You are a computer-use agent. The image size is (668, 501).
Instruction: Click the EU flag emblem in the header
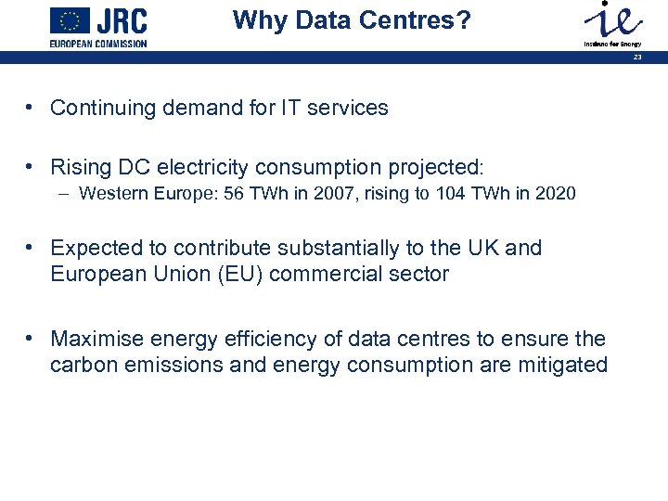tap(71, 20)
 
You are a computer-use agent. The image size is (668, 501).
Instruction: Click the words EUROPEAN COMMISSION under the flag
tap(98, 44)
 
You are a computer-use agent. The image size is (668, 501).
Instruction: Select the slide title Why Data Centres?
tap(352, 19)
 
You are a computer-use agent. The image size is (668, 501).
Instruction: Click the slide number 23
tap(637, 58)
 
